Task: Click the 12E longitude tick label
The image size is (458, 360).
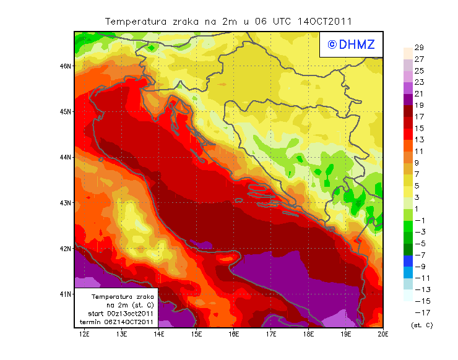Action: (84, 335)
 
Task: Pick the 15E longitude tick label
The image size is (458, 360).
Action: (196, 335)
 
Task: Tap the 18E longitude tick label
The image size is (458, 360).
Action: (308, 335)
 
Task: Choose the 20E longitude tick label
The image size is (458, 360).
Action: (382, 335)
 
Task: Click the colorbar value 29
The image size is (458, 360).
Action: (418, 48)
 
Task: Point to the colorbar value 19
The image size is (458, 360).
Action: (418, 105)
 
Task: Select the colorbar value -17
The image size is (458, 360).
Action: (418, 312)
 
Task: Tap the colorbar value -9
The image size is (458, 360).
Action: (418, 267)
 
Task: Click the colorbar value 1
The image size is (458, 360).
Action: (418, 209)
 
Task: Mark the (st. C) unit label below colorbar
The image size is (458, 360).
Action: (421, 325)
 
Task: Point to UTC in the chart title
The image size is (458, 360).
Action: (281, 21)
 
